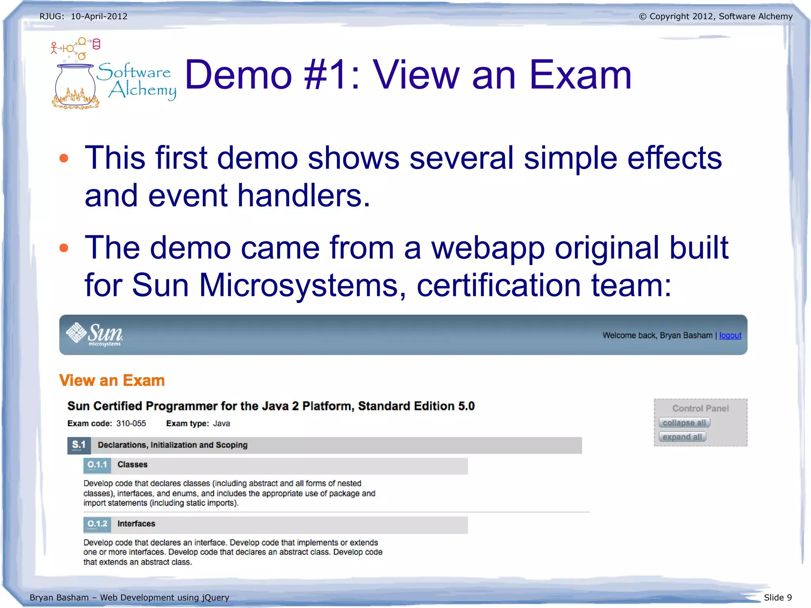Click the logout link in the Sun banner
(x=730, y=335)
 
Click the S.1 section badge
(x=79, y=445)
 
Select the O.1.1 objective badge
(x=97, y=465)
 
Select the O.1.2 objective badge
(x=97, y=524)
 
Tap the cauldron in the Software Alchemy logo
(x=75, y=86)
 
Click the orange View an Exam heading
(x=112, y=380)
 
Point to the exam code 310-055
(x=131, y=423)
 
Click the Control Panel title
(x=700, y=408)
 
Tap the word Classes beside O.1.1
(x=132, y=465)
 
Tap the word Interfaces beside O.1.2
(x=136, y=524)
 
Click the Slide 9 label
(x=777, y=597)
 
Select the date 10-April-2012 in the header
(x=99, y=17)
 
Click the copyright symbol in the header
(x=642, y=17)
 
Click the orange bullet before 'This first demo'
(x=64, y=158)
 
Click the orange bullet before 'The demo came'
(x=64, y=248)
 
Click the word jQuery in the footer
(x=215, y=597)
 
